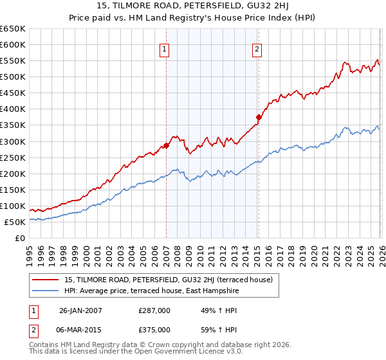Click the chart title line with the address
(193, 7)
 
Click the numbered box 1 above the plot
(165, 50)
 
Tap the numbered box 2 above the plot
(257, 50)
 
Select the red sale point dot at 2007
(166, 145)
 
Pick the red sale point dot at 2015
(258, 117)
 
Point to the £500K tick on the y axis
(13, 77)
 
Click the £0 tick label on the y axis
(19, 239)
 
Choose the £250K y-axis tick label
(13, 157)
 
